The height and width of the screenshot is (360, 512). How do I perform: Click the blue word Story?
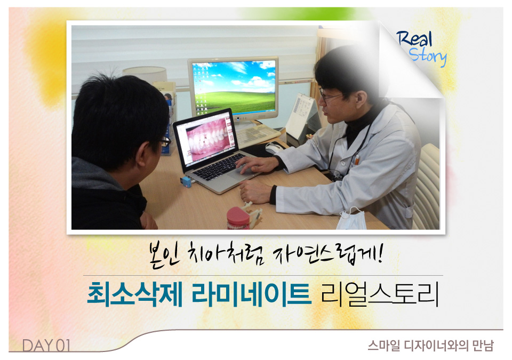pyautogui.click(x=427, y=57)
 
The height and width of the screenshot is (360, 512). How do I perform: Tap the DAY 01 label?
pyautogui.click(x=46, y=345)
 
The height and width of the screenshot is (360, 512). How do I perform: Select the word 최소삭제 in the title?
pyautogui.click(x=134, y=294)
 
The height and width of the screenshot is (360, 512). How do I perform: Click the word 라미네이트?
pyautogui.click(x=251, y=294)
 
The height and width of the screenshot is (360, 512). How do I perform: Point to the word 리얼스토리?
pyautogui.click(x=379, y=294)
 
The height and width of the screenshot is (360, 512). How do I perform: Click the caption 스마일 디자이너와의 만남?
pyautogui.click(x=431, y=346)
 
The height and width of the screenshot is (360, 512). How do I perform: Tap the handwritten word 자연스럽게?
pyautogui.click(x=326, y=254)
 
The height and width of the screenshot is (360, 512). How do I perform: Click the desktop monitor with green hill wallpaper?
pyautogui.click(x=234, y=87)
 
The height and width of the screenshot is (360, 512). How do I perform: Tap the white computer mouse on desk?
pyautogui.click(x=274, y=148)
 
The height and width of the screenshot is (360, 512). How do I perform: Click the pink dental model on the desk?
pyautogui.click(x=238, y=218)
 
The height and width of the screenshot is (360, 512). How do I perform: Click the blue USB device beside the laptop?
pyautogui.click(x=186, y=181)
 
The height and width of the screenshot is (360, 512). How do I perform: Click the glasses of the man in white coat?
pyautogui.click(x=329, y=96)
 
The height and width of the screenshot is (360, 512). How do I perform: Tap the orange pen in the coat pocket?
pyautogui.click(x=357, y=159)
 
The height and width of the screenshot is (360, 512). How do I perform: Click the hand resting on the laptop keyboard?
pyautogui.click(x=257, y=164)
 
